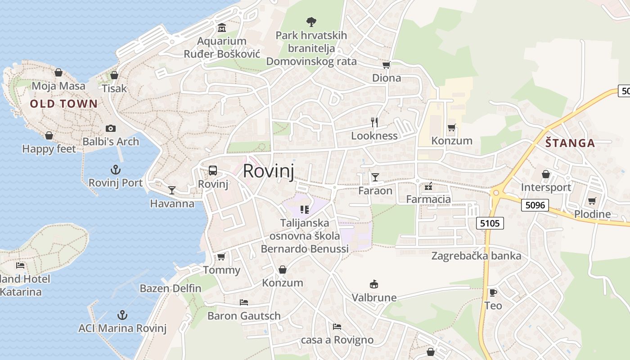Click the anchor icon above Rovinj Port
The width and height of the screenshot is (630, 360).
pos(116,170)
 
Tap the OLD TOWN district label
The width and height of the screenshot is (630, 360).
pos(63,104)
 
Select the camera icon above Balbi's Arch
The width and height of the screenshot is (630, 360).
pos(111,129)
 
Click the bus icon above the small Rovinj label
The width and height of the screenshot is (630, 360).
pos(213,171)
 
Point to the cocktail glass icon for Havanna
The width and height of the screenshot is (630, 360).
pos(171,190)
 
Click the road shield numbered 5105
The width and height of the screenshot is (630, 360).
pos(490,223)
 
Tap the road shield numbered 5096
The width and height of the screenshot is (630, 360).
pos(535,205)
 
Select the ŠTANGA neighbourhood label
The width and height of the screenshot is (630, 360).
pos(570,144)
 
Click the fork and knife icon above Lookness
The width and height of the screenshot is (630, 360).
pos(374,122)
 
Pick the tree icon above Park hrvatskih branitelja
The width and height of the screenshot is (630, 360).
pos(311,21)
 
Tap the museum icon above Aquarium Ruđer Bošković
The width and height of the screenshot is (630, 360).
pos(222,28)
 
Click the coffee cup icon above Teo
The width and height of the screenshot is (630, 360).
pos(493,292)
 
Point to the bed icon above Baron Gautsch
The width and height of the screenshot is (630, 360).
pos(244,302)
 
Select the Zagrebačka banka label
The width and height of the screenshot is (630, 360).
pos(476,256)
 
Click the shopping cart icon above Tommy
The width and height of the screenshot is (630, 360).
pos(221,257)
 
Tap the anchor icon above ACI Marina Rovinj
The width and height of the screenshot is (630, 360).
pos(122,315)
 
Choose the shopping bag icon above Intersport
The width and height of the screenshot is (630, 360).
pos(546,174)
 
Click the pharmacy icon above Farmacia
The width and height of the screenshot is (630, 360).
pos(428,186)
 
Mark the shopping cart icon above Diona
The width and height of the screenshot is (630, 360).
pos(386,65)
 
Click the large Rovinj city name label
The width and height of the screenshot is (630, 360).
pos(268,171)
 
